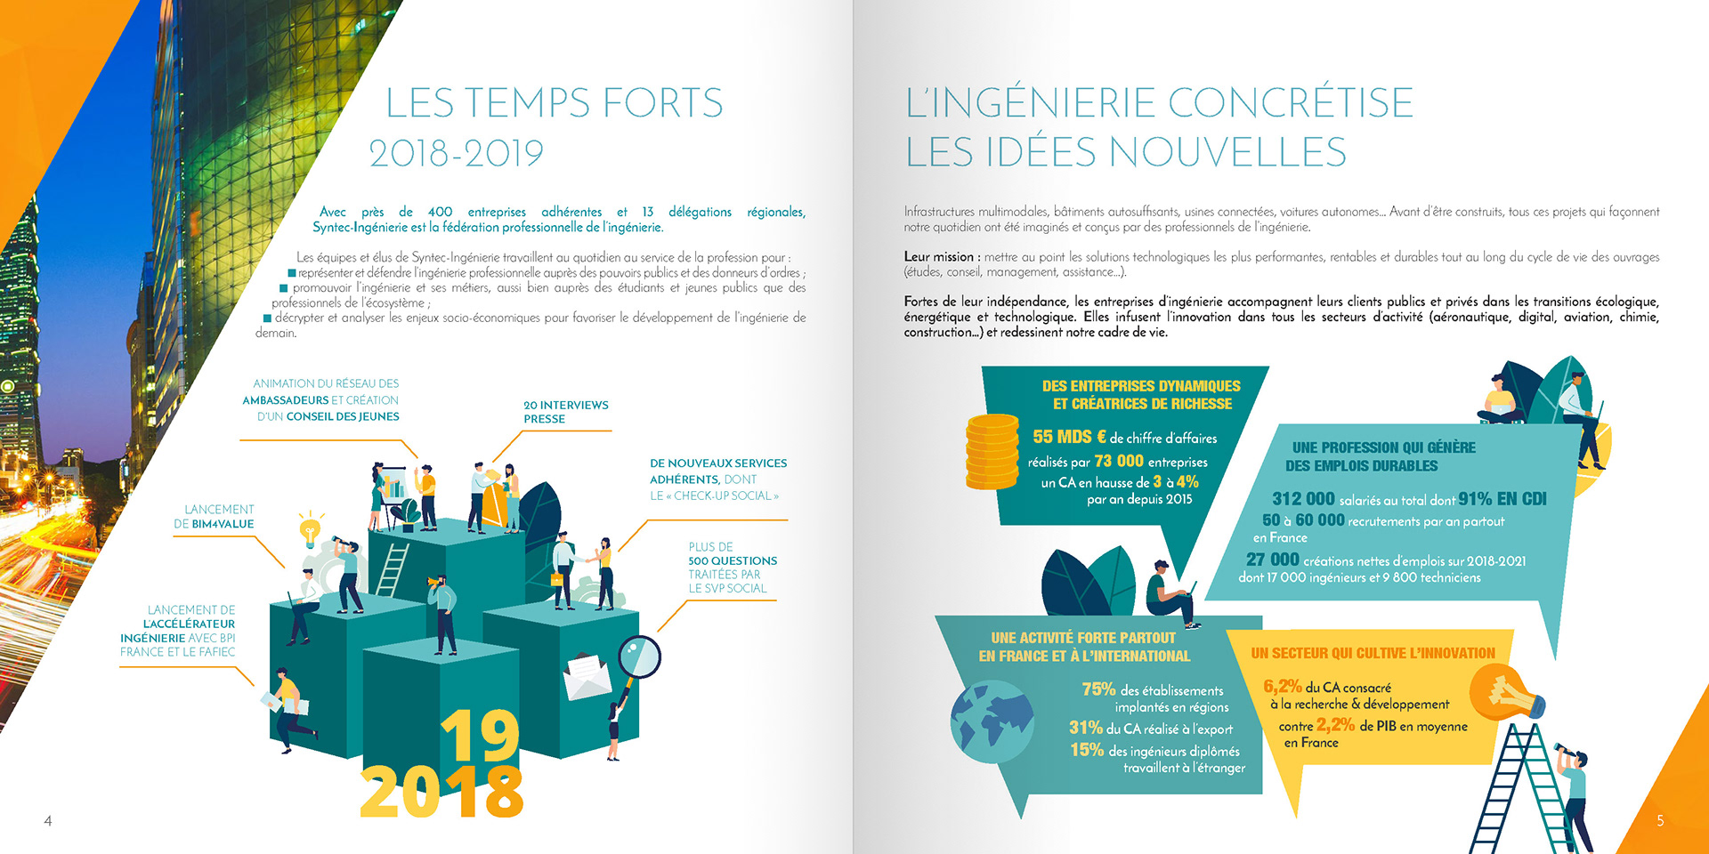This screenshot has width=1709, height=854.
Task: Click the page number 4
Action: point(48,821)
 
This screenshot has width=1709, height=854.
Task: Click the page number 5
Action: point(1660,821)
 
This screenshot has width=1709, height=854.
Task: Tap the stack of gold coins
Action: point(992,451)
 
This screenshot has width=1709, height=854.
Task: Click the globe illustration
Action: point(992,721)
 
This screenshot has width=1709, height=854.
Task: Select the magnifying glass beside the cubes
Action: point(639,658)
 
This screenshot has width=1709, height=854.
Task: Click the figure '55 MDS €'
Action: point(1069,437)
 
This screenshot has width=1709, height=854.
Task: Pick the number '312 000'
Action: point(1303,499)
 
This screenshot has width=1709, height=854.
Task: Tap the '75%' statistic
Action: point(1098,689)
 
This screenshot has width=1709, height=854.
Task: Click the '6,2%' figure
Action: point(1282,687)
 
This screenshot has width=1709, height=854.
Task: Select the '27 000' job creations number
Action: point(1272,560)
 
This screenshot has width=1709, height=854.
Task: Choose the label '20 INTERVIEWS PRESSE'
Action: point(565,412)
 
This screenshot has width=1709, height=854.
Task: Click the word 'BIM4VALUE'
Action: point(223,524)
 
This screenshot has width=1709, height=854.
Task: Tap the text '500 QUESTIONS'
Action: point(732,560)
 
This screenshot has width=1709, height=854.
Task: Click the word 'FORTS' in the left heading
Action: point(662,103)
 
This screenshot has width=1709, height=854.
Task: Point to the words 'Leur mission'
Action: point(938,257)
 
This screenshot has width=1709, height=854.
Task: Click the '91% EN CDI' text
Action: point(1502,499)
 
